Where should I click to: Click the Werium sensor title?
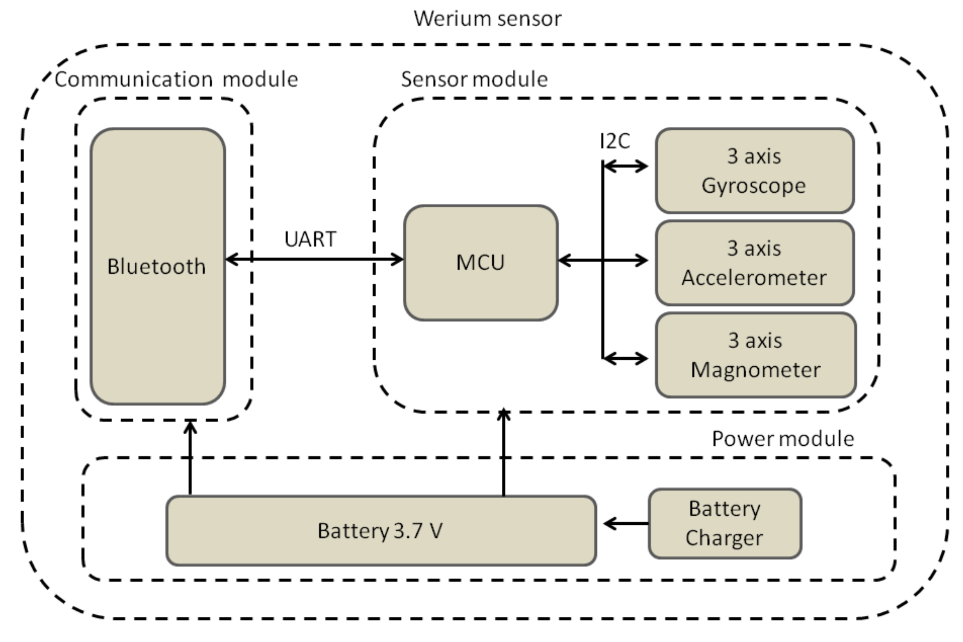pos(487,19)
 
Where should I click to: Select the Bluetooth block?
pos(157,266)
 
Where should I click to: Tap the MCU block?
pos(480,263)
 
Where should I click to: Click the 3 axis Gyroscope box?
pos(754,170)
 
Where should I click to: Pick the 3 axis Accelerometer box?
pos(754,263)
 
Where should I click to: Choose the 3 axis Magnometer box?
pos(755,355)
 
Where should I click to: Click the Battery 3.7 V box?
pos(381,530)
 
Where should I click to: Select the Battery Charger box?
pos(725,523)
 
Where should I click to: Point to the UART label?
pos(310,239)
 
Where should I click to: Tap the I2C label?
pos(615,142)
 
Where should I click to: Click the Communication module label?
pos(176,79)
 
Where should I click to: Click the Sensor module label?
pos(474,79)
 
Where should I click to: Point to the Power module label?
pos(783,439)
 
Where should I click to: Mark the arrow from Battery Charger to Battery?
pos(626,523)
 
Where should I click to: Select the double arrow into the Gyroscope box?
pos(625,166)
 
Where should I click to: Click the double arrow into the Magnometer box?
pos(625,358)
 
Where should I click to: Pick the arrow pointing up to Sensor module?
pos(503,453)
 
